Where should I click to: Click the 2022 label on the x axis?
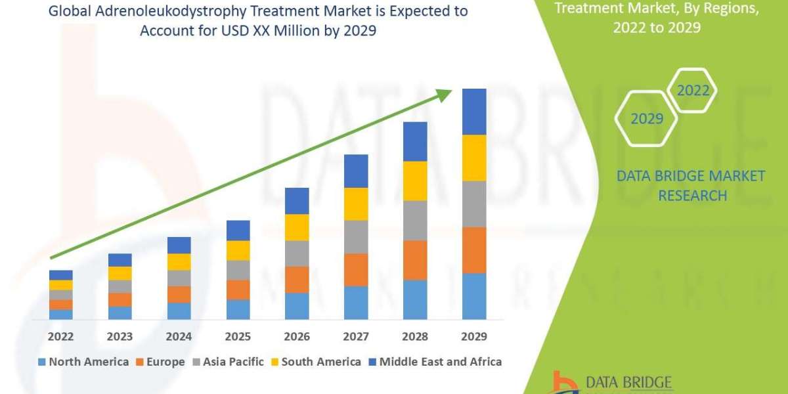click(x=60, y=337)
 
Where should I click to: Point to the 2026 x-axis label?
click(x=297, y=337)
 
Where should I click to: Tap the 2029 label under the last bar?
click(x=474, y=337)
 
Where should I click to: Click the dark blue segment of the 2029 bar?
click(x=474, y=112)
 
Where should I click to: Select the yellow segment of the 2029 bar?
click(x=474, y=158)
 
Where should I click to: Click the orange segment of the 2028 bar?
click(x=415, y=260)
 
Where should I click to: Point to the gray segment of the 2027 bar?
click(x=356, y=237)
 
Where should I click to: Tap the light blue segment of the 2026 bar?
click(x=297, y=306)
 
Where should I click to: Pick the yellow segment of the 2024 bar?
click(x=179, y=261)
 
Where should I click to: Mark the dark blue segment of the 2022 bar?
click(x=60, y=274)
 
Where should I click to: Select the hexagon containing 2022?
click(x=693, y=91)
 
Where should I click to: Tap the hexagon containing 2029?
click(x=646, y=119)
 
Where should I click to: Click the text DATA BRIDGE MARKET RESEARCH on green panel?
click(x=691, y=185)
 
